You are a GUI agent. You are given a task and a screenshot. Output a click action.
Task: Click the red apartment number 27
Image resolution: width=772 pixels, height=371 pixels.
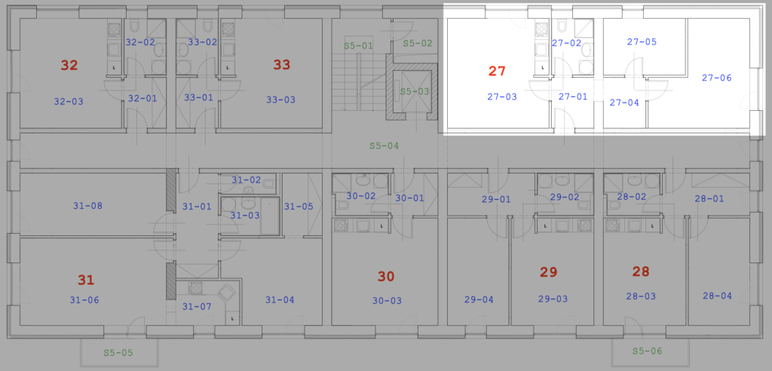[497, 72]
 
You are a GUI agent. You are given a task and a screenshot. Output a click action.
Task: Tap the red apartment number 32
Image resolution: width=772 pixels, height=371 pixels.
[69, 65]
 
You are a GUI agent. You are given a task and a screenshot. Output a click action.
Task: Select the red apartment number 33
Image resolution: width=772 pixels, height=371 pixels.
[282, 65]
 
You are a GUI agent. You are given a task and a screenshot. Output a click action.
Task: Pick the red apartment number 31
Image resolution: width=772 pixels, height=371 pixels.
[86, 281]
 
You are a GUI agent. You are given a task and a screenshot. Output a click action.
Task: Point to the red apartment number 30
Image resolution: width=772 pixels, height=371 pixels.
[386, 277]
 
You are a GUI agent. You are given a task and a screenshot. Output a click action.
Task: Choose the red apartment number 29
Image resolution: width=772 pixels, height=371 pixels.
[548, 272]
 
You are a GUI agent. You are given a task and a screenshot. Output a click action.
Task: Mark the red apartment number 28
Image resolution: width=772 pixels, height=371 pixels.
[641, 271]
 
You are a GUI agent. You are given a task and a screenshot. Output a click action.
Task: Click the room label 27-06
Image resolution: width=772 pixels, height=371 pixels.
[716, 78]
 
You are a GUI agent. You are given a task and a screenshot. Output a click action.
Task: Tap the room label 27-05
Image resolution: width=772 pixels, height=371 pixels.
[642, 42]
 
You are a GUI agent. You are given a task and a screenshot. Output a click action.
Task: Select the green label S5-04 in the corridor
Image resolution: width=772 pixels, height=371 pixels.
[384, 146]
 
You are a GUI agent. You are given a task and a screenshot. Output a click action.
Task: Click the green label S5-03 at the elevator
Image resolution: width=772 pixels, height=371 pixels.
[414, 91]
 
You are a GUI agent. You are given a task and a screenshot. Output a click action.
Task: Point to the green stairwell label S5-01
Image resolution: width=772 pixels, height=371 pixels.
[358, 46]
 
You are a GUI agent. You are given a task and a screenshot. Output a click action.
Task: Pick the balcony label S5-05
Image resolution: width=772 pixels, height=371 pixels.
[118, 353]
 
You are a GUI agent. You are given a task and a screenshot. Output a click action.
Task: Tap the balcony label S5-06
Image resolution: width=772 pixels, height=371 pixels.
[648, 351]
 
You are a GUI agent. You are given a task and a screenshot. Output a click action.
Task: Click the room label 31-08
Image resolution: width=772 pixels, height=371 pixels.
[88, 206]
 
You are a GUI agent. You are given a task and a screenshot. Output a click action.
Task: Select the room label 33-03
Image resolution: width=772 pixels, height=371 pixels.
[280, 100]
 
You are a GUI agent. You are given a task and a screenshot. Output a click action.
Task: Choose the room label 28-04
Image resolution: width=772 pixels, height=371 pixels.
[717, 296]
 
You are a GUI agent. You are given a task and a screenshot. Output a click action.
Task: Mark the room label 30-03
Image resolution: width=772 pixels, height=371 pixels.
[387, 301]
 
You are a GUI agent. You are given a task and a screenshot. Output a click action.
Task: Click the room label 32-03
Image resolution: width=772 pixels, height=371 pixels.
[69, 102]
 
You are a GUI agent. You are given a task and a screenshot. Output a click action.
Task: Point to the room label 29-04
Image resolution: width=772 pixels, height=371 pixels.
[479, 299]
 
